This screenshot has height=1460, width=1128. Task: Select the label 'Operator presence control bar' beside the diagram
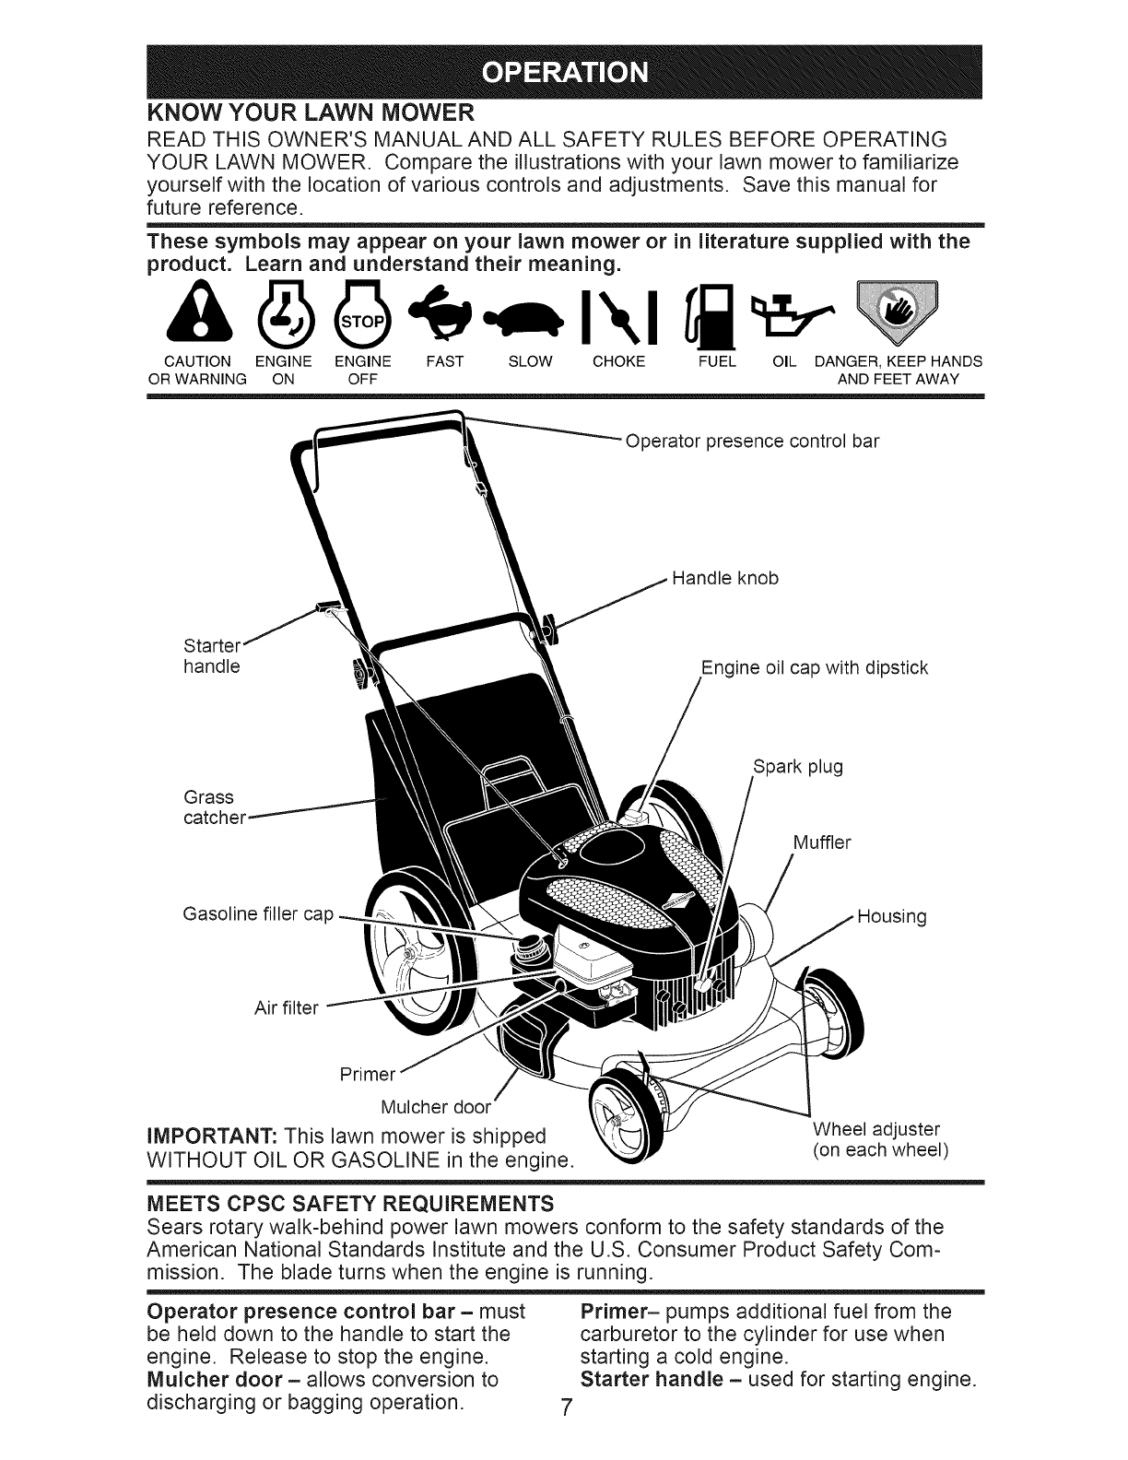(x=752, y=441)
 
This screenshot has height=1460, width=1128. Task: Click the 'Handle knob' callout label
(x=725, y=578)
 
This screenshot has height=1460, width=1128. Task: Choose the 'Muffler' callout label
(x=823, y=842)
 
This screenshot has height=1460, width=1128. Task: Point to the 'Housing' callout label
(x=891, y=917)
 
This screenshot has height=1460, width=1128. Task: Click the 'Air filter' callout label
(x=286, y=1008)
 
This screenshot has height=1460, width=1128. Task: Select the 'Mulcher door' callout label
(x=439, y=1106)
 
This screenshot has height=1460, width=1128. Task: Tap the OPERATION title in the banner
(x=564, y=72)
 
